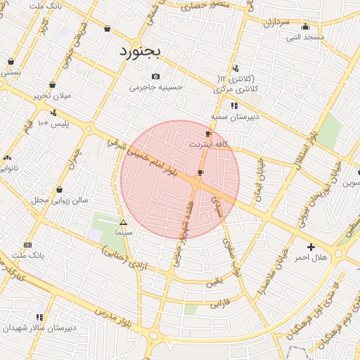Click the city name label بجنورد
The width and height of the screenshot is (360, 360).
141,51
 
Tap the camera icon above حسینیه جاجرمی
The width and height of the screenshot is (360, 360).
155,77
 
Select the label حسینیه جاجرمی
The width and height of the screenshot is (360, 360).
156,88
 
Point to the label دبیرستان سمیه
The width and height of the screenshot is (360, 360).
235,117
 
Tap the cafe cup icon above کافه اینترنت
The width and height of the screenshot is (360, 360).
208,134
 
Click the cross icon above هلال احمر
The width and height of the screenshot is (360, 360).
311,247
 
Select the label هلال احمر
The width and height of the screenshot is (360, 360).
311,258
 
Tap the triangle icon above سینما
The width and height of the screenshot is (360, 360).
123,222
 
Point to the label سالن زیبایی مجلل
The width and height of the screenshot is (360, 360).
60,200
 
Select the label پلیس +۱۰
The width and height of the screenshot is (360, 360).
53,124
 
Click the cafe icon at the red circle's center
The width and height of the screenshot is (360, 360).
201,172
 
